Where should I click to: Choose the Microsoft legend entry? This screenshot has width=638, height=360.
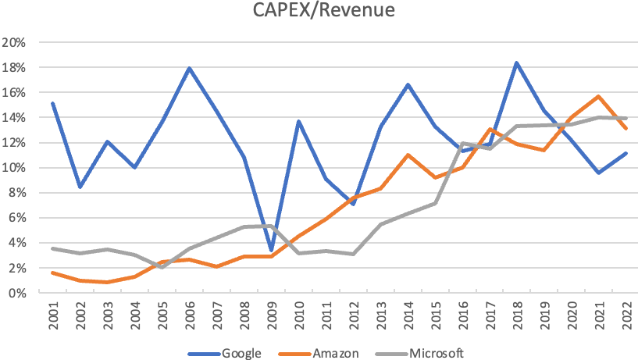(429, 353)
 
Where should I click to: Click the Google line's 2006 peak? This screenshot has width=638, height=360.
(188, 68)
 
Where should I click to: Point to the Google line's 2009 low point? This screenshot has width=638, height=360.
(270, 251)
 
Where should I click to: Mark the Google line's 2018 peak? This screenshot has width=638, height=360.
(516, 62)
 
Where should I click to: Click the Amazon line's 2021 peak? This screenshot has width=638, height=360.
(599, 96)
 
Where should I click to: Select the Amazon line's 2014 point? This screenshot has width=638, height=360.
(407, 155)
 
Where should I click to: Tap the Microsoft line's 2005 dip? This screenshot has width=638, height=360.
(161, 267)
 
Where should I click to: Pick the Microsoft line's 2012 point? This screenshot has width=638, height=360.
(352, 254)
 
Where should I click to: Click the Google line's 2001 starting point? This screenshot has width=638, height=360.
(52, 103)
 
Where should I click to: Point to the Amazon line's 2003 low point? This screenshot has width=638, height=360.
(106, 282)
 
